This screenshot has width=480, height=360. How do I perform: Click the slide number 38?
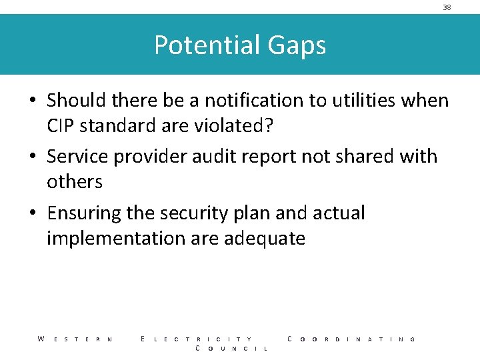[447, 7]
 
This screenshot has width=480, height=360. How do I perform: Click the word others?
[75, 181]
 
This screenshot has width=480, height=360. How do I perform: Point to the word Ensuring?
[85, 213]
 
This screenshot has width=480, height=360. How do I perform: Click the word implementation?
[116, 238]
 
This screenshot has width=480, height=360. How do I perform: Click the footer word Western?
[75, 339]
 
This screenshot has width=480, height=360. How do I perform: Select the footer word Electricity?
[197, 339]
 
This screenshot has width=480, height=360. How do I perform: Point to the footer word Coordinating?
[351, 339]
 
